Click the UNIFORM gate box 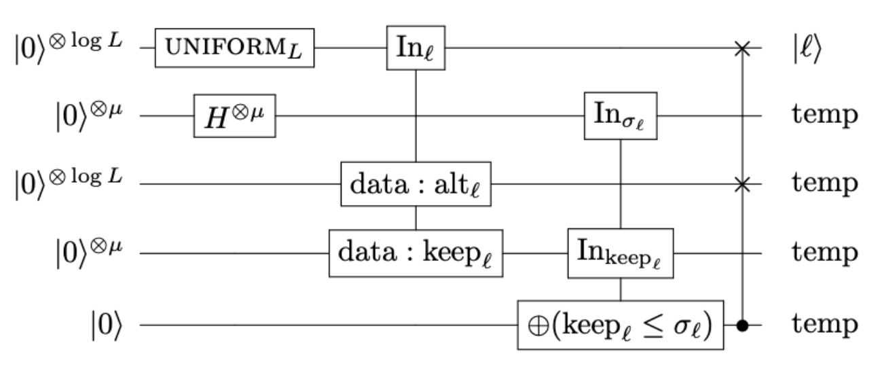pos(234,48)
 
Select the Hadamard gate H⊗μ pos(234,116)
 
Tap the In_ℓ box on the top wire pos(416,48)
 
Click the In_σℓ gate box pos(621,116)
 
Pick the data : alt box pos(416,184)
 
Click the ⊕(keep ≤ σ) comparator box pos(621,325)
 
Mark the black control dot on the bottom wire pos(744,325)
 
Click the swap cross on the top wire pos(744,48)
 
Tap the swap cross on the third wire pos(744,184)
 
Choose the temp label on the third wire pos(824,185)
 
